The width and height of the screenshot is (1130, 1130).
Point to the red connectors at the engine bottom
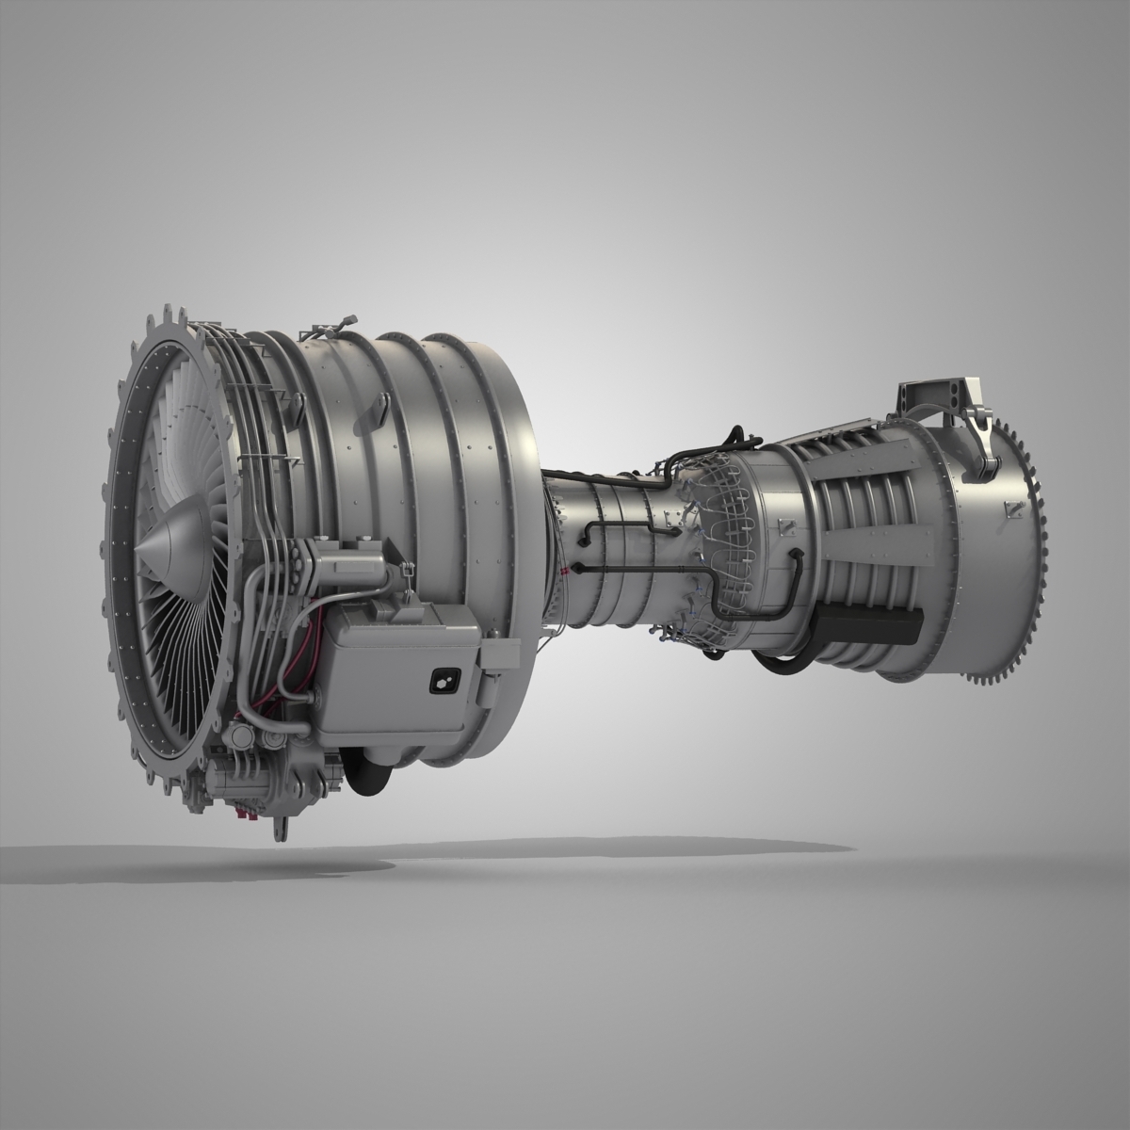(249, 811)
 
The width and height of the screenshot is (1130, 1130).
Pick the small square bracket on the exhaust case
(1014, 509)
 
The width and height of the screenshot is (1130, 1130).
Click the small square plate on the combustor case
(670, 518)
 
